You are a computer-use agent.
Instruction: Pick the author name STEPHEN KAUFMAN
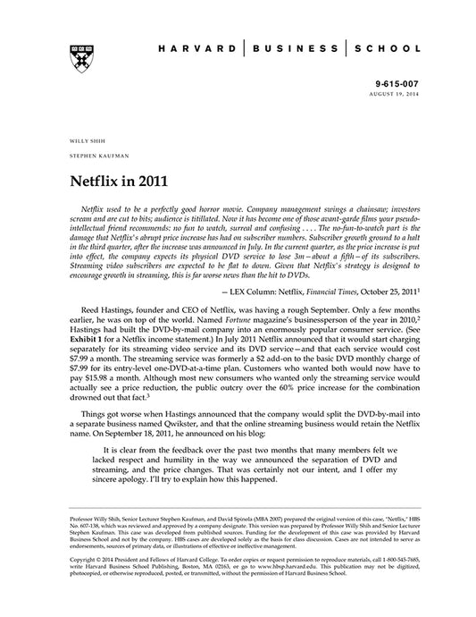click(x=94, y=157)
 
